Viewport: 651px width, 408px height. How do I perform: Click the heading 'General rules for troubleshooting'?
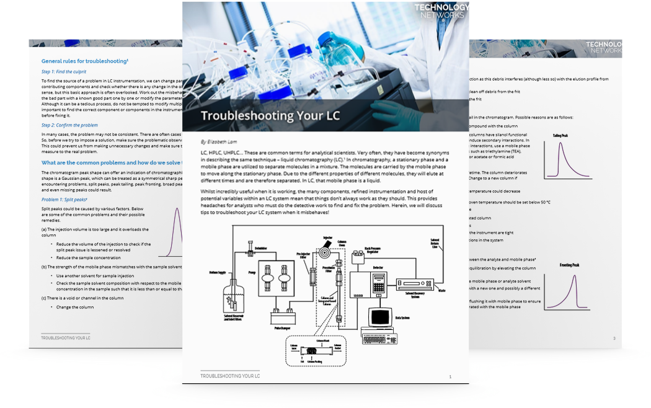[84, 61]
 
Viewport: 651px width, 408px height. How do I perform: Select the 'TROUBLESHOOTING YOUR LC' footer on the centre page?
[230, 376]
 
